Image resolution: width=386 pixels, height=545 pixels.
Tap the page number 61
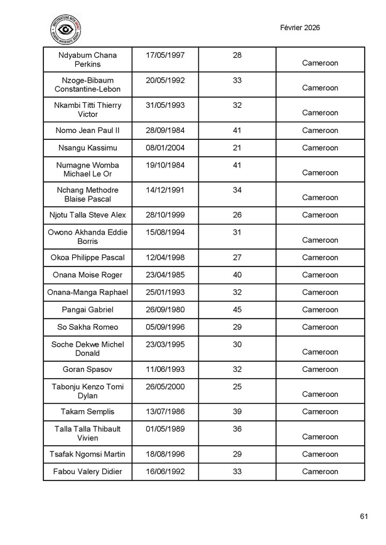point(364,516)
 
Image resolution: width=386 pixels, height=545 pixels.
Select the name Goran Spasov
point(87,369)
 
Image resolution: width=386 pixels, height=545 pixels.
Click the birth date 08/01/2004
point(164,148)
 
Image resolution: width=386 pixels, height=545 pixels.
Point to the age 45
point(237,309)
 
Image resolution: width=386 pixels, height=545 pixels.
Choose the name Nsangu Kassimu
point(87,148)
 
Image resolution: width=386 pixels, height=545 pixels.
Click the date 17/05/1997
point(164,56)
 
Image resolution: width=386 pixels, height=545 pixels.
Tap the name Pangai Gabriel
point(87,309)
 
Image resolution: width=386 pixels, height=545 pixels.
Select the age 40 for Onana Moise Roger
point(237,275)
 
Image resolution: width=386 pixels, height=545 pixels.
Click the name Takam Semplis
point(87,411)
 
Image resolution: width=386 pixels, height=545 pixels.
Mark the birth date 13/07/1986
point(164,411)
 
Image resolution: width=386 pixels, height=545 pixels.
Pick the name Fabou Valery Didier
point(87,472)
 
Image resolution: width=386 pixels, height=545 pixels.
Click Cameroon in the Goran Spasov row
point(320,369)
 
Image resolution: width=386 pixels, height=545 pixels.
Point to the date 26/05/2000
point(164,387)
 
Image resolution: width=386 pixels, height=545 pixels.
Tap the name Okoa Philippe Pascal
point(87,257)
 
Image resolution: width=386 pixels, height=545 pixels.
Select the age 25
point(237,387)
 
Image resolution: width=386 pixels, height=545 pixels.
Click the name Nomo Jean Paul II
point(87,130)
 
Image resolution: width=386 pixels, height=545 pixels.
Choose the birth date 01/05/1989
point(164,429)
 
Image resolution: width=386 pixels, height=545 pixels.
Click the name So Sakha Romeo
point(87,327)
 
